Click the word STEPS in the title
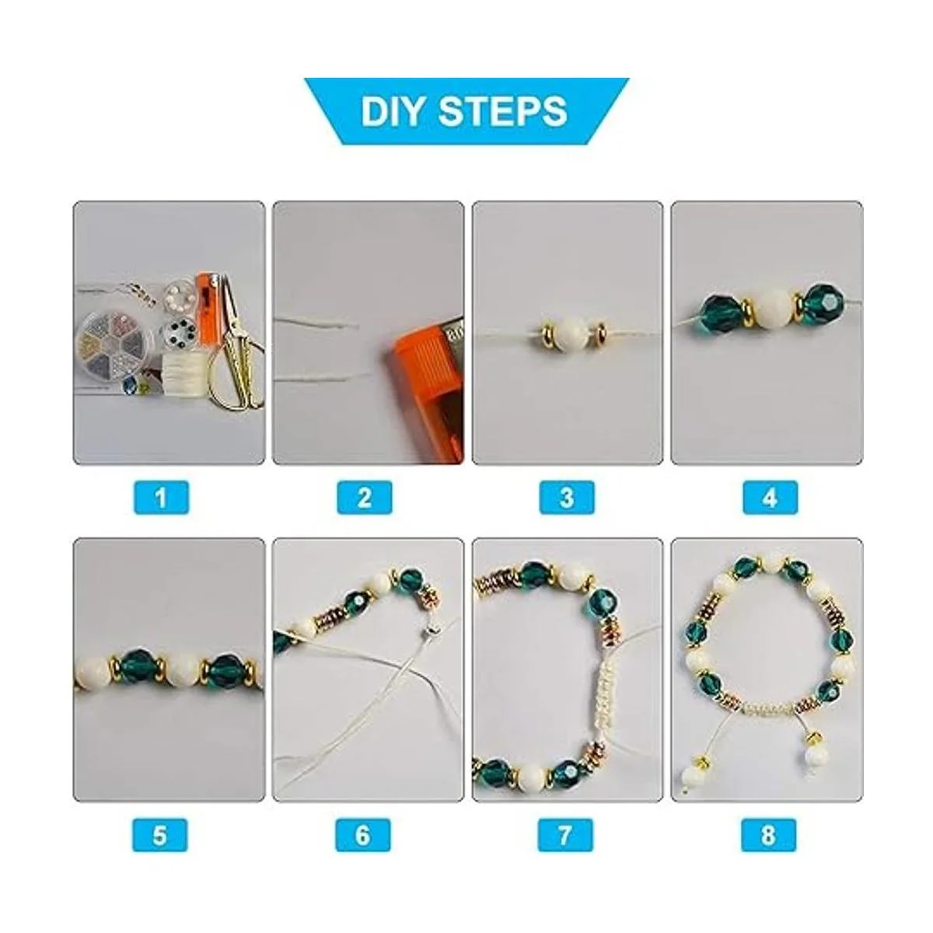pyautogui.click(x=503, y=111)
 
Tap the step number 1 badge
pyautogui.click(x=161, y=498)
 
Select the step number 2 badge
pyautogui.click(x=365, y=498)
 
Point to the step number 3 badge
pyautogui.click(x=567, y=498)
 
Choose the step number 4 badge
pyautogui.click(x=770, y=498)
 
